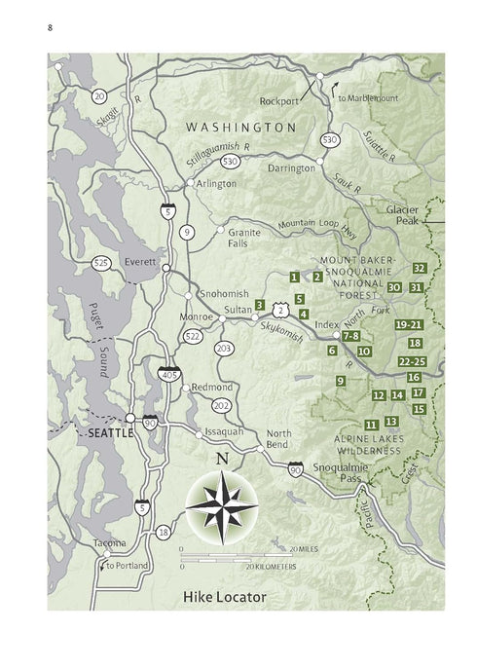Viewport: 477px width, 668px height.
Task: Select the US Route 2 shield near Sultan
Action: click(281, 309)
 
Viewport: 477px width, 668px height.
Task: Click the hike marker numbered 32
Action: click(420, 268)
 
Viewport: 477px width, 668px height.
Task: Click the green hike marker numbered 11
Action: click(371, 426)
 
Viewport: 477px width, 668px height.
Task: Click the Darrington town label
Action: click(293, 168)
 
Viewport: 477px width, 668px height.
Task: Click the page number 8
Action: click(50, 27)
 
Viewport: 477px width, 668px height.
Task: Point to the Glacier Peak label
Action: click(402, 215)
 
